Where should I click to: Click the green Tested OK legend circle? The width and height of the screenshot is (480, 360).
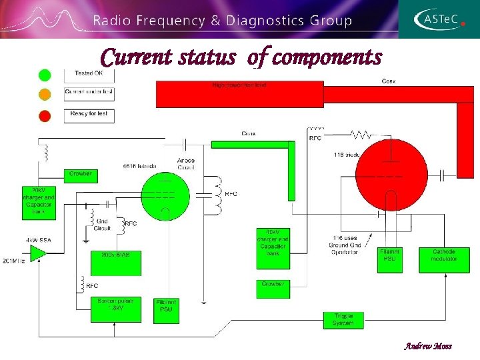[x=45, y=74]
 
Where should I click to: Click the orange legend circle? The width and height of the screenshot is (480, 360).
[x=45, y=95]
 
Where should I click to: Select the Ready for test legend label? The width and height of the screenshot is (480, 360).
[x=89, y=115]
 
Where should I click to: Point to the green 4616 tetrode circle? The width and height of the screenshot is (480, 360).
[x=165, y=197]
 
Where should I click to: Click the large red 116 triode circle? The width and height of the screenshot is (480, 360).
[x=391, y=175]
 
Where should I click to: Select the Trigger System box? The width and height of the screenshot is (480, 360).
[x=344, y=320]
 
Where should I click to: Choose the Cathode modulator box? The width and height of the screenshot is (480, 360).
[x=444, y=259]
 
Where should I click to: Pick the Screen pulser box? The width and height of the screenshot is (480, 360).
[x=115, y=309]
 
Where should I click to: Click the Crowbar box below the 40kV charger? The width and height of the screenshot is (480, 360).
[x=274, y=289]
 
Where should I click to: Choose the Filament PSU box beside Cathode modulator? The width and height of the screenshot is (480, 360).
[x=391, y=259]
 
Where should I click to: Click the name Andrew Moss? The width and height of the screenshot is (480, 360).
[x=428, y=347]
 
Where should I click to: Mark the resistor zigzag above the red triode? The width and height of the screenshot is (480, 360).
[x=361, y=135]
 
